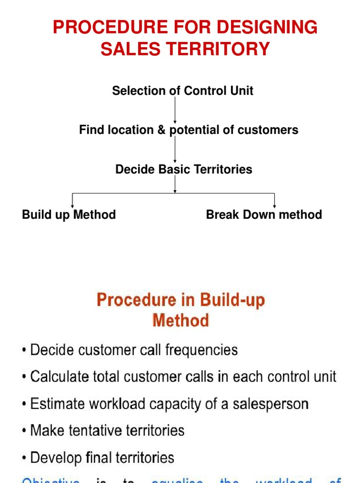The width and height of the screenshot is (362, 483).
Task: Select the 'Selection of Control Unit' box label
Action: [182, 91]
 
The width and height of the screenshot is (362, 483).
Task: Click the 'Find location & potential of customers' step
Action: [189, 130]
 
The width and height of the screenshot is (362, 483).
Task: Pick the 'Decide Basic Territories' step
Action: [184, 169]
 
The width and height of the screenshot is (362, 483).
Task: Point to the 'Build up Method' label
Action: [69, 215]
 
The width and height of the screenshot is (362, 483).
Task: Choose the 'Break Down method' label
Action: [264, 215]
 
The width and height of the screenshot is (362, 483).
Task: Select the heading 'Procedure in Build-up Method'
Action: [181, 310]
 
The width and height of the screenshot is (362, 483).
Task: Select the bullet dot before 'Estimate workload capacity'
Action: [24, 404]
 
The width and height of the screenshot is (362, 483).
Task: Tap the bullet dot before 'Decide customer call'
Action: [24, 350]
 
